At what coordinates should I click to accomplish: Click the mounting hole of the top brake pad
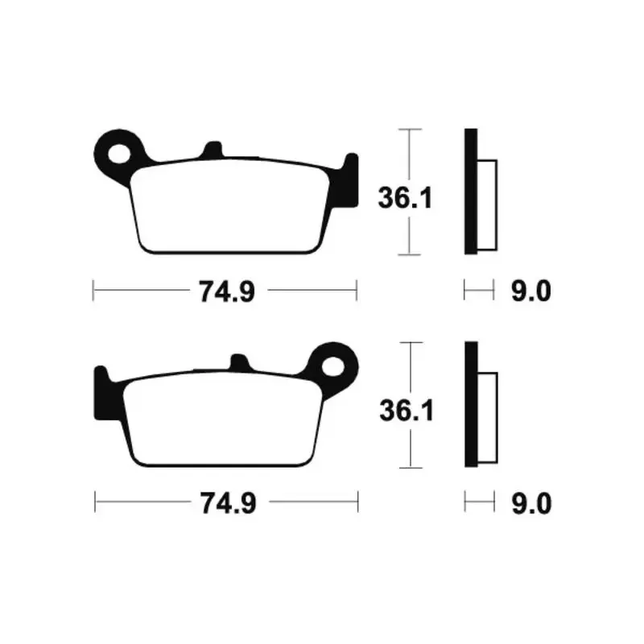point(119,154)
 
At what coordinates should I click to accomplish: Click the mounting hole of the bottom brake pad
point(332,366)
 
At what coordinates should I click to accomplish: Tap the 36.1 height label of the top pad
point(405,198)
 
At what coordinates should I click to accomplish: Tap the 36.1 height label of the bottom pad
point(407,411)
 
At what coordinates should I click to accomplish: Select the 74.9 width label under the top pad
point(227,291)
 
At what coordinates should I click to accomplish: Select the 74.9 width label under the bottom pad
point(229,503)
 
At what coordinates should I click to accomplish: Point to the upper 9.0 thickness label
point(530,291)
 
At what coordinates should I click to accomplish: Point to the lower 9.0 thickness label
point(531,504)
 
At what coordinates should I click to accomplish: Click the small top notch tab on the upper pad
point(213,150)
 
